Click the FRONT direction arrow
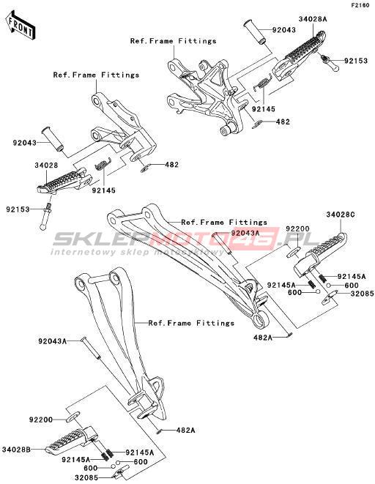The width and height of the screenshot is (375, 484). coord(21,26)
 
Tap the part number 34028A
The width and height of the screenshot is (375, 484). coord(313,19)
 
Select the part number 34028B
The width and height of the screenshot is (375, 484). coord(16,450)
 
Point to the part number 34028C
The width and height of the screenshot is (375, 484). coord(341,215)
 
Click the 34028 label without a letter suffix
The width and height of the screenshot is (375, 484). coord(46,165)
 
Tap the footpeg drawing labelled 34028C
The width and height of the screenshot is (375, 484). coord(320,254)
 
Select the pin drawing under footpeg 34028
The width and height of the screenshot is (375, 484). coord(46,215)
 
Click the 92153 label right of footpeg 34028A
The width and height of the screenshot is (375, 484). coord(356,61)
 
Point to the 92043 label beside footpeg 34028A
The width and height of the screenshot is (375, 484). coord(283,30)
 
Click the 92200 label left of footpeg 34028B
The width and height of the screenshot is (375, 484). coord(41,420)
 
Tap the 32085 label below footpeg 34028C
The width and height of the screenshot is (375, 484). coord(362,294)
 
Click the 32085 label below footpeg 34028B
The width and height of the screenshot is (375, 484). coord(86,478)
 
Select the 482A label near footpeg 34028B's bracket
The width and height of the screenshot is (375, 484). coord(185,430)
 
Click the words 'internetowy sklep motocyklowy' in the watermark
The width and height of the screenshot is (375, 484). coord(138,252)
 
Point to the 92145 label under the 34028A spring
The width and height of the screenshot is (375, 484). coord(264,109)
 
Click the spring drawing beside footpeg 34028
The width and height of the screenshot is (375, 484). coord(103,164)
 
